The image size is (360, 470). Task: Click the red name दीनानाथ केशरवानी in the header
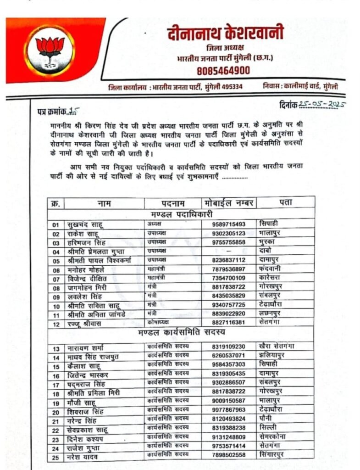(225, 33)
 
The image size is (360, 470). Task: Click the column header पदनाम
(173, 203)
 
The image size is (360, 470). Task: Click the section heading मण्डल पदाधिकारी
(181, 214)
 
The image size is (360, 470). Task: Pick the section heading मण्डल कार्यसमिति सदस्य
(181, 332)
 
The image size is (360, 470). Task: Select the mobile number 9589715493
(229, 224)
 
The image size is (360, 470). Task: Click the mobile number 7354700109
(229, 278)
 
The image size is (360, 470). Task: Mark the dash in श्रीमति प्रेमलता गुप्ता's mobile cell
(228, 251)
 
